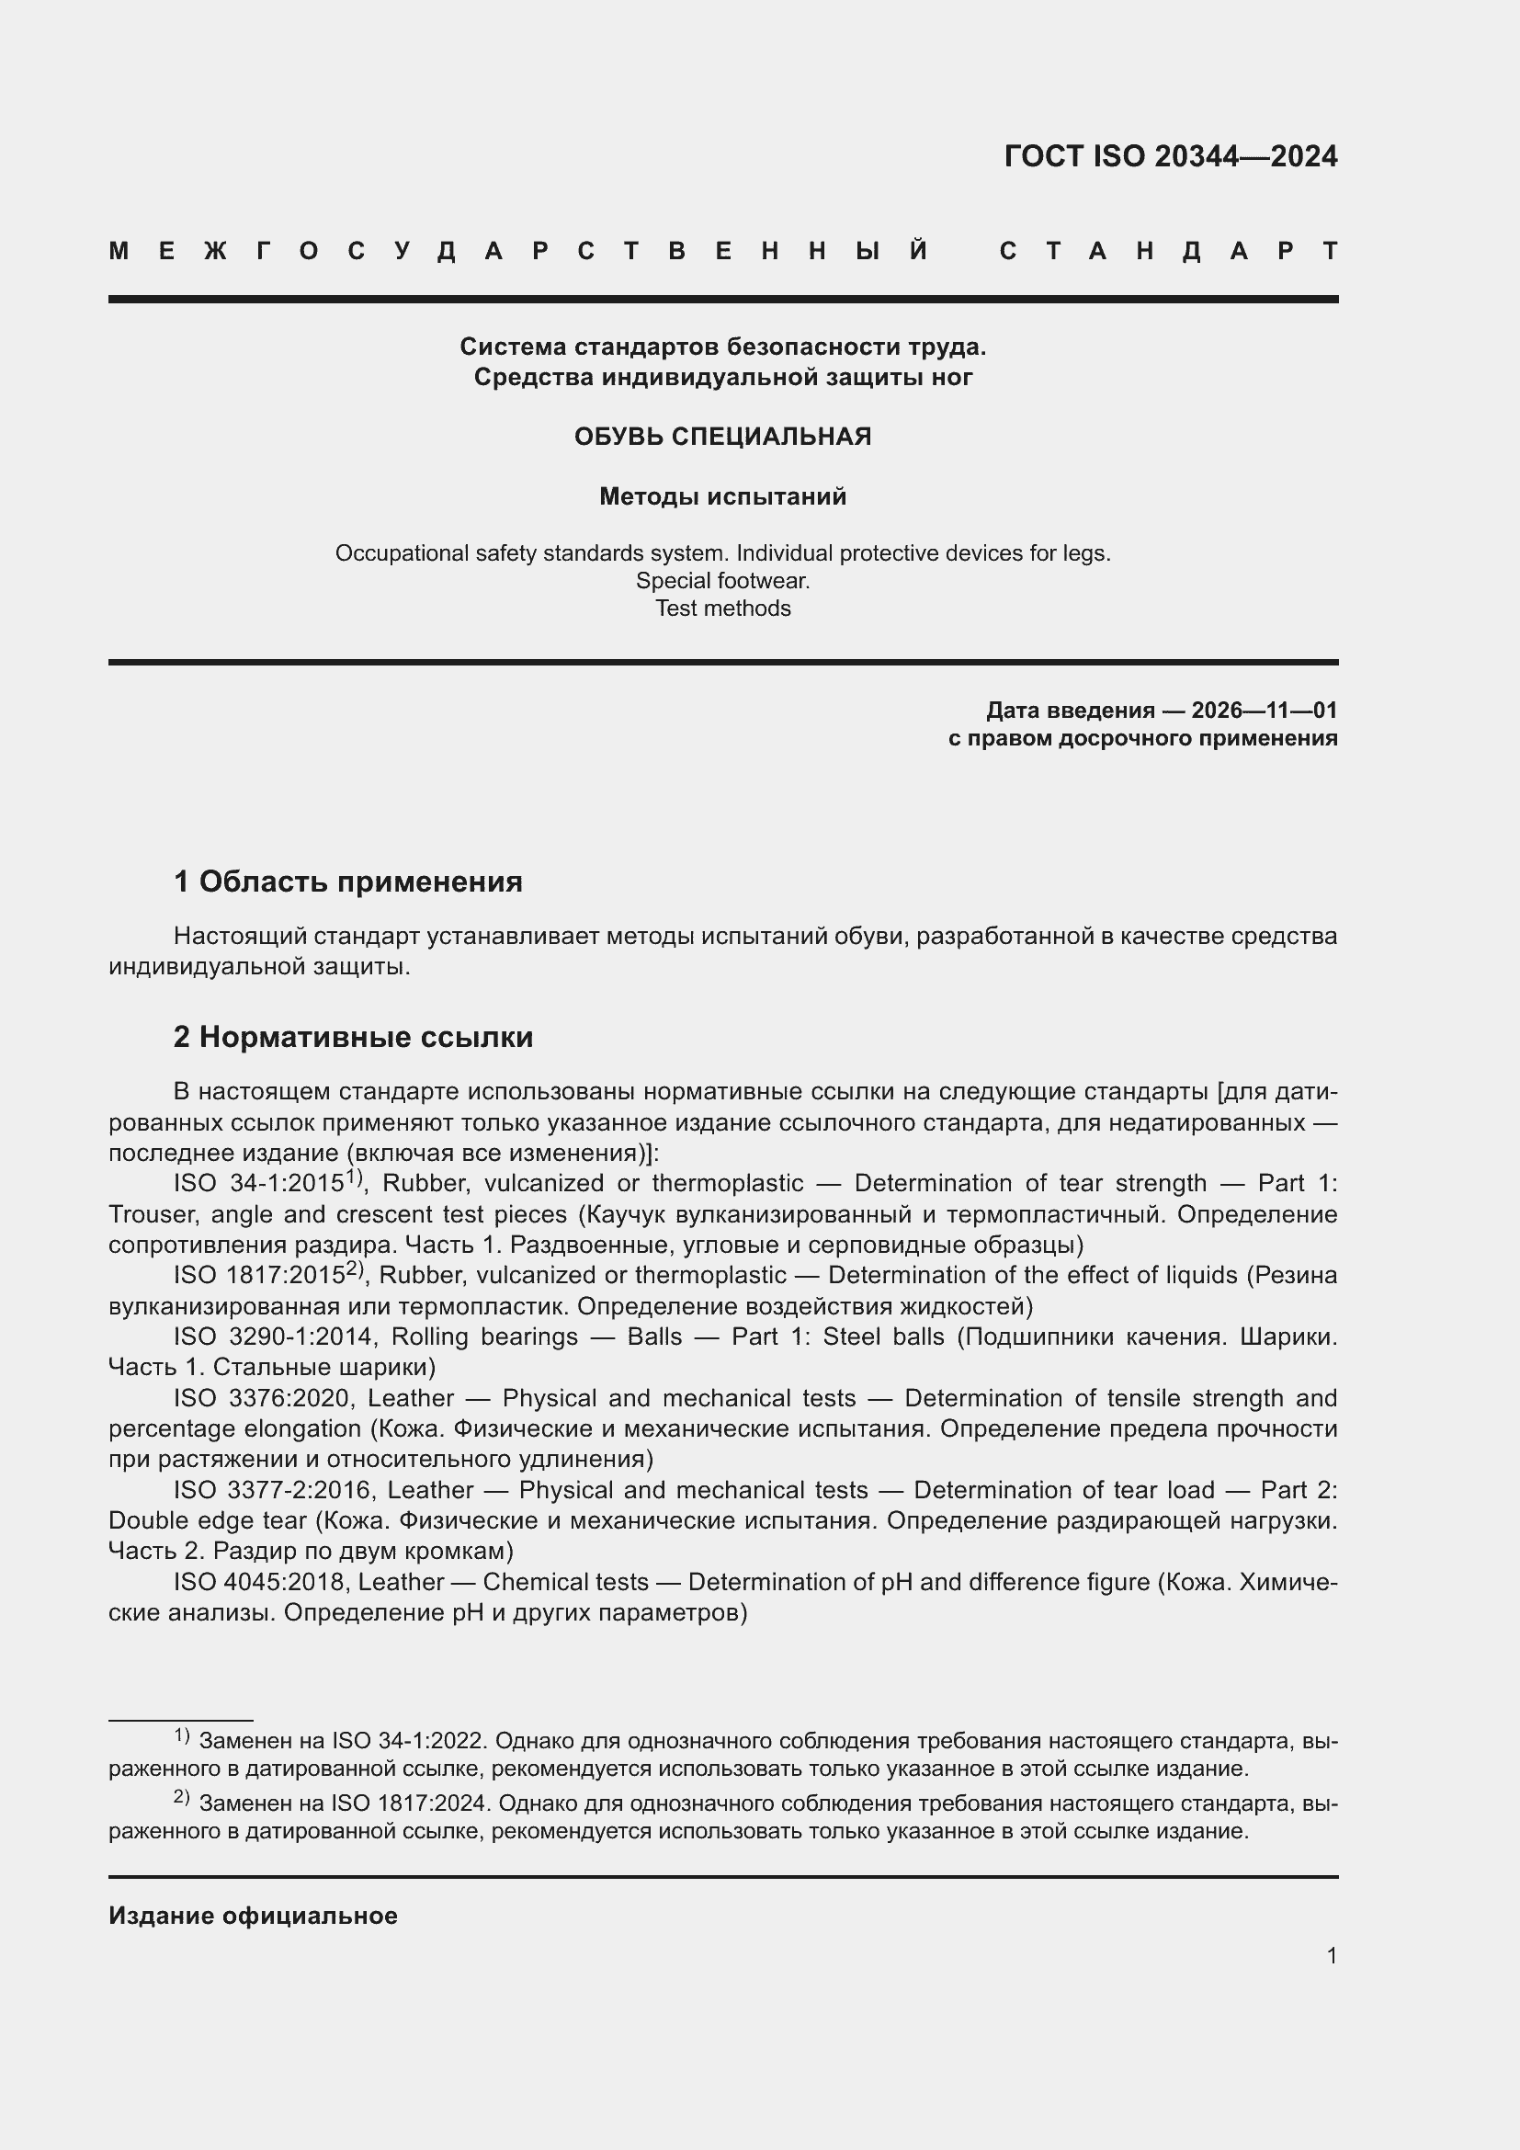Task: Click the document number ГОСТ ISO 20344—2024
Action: tap(1170, 156)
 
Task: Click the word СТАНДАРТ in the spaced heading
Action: tap(1169, 251)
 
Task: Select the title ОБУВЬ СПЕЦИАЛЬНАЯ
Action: tap(722, 437)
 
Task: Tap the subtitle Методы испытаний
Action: tap(722, 496)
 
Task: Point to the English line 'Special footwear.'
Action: tap(722, 581)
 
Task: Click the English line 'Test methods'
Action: tap(722, 609)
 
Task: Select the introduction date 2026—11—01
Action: tap(1265, 710)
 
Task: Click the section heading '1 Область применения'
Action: tap(348, 882)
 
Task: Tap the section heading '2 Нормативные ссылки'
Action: tap(354, 1037)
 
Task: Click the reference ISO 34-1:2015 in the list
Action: tap(259, 1184)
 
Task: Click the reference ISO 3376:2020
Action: tap(261, 1398)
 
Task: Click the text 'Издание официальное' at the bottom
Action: tap(253, 1916)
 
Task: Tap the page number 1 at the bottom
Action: tap(1332, 1955)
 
